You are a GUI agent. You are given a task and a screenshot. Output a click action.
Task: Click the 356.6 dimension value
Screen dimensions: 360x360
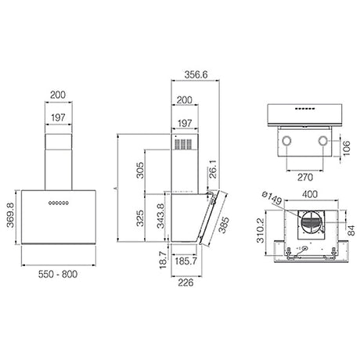(196, 75)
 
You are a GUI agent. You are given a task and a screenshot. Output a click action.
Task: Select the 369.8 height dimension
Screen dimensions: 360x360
(10, 215)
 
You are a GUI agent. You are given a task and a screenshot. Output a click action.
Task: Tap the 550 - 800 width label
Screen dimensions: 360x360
(58, 274)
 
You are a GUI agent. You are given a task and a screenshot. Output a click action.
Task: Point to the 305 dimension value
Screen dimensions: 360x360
(140, 170)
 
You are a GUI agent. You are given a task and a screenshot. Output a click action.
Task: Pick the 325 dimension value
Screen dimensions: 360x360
(140, 218)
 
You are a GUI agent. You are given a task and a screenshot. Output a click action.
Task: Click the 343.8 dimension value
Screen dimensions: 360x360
(161, 216)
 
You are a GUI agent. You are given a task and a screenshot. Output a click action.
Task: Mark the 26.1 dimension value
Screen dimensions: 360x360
(213, 169)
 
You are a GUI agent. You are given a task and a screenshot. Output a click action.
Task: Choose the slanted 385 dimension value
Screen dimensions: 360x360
(224, 225)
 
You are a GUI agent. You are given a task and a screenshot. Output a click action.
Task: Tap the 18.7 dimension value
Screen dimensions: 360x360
(163, 260)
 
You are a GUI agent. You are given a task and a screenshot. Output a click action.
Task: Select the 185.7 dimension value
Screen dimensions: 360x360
(185, 261)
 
